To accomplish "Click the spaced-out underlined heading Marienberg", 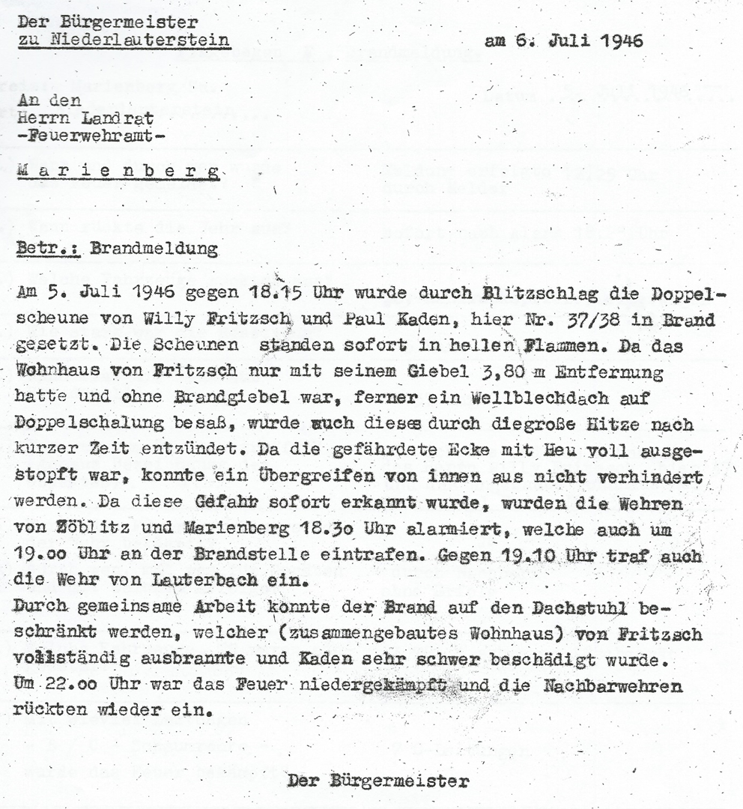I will point(118,173).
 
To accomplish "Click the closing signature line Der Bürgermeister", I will point(379,781).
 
